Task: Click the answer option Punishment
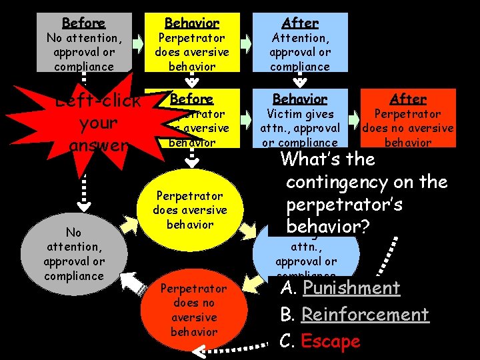coord(351,288)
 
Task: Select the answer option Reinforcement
coord(365,315)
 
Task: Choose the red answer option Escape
coord(330,341)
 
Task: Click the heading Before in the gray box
coord(84,23)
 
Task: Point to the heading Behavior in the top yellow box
coord(191,23)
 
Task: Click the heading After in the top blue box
coord(300,23)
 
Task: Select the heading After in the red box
coord(408,99)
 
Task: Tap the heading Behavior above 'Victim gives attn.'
coord(300,99)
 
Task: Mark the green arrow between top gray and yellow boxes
coord(137,44)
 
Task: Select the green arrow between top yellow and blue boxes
coord(245,44)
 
